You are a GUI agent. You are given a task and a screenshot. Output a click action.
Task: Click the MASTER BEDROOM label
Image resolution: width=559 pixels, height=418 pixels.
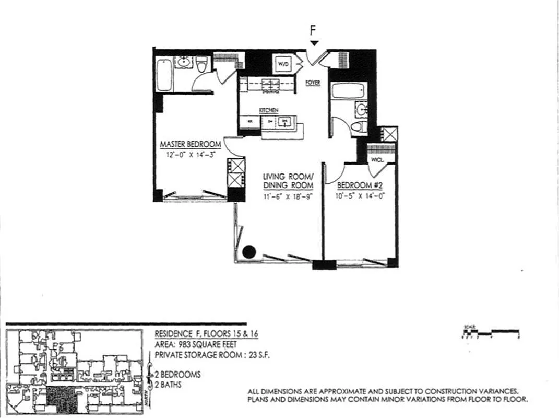[x=190, y=144]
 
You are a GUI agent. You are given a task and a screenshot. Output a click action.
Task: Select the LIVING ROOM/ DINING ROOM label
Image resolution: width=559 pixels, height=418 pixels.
[x=288, y=181]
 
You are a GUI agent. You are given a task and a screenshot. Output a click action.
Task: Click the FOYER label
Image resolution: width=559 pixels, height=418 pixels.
[x=313, y=83]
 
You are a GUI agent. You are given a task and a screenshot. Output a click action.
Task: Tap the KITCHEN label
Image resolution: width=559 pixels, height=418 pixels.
[x=269, y=110]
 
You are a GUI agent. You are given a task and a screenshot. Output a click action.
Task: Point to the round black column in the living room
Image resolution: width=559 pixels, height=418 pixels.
[x=249, y=251]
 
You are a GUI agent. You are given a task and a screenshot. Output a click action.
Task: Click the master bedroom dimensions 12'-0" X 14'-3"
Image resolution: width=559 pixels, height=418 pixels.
[x=190, y=155]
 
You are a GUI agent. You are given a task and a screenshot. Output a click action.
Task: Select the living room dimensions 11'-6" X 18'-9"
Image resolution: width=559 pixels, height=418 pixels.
[x=288, y=197]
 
